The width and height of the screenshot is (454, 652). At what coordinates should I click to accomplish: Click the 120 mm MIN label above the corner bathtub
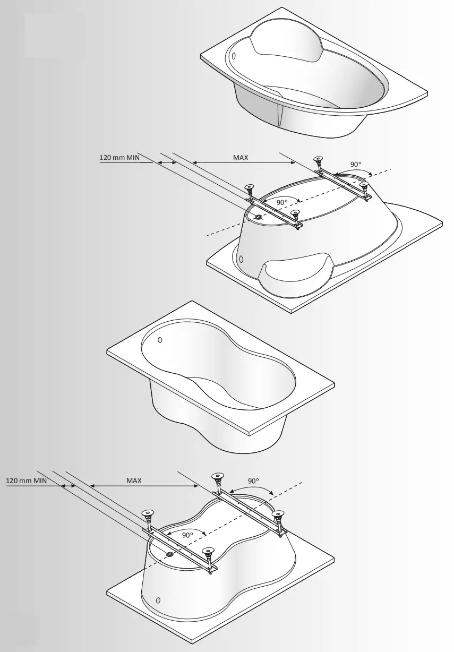click(123, 158)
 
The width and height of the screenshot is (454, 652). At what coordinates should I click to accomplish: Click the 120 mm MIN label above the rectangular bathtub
click(27, 481)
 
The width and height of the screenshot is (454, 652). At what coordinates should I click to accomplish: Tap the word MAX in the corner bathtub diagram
click(241, 158)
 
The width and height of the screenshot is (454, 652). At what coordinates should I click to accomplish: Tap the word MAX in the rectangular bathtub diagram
click(134, 481)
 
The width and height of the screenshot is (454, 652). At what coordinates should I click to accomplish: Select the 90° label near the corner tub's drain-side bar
click(282, 202)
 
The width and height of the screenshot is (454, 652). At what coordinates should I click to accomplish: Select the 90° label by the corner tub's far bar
click(356, 164)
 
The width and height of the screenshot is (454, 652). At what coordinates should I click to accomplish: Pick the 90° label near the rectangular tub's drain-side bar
click(187, 535)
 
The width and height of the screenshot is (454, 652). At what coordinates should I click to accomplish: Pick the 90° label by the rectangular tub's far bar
click(254, 481)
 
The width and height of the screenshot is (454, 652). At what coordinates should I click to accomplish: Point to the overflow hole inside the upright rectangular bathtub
click(160, 340)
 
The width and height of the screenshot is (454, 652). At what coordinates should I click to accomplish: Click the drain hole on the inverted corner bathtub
click(258, 218)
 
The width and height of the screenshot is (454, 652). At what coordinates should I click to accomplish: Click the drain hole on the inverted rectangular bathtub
click(169, 554)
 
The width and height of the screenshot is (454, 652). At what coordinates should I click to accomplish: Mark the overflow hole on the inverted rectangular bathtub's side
click(157, 600)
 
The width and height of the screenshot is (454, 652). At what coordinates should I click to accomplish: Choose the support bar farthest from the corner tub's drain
click(342, 181)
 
